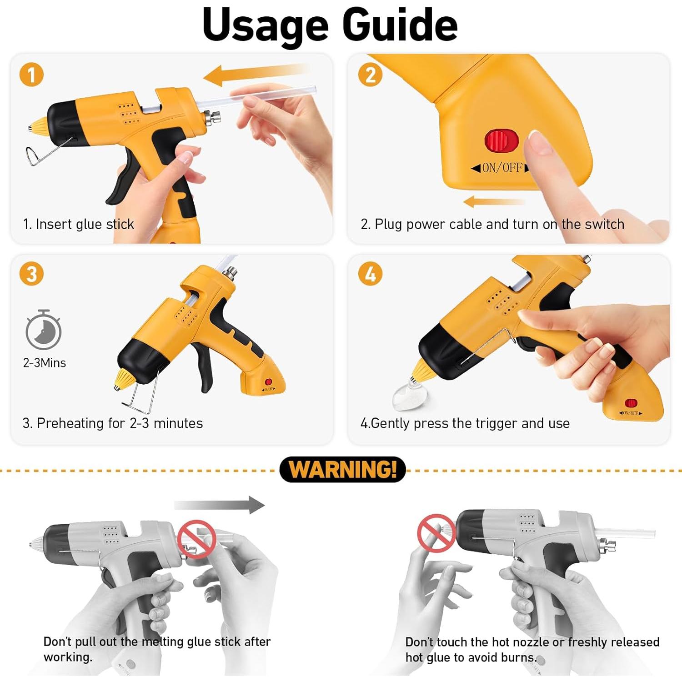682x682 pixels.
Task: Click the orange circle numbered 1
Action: click(32, 75)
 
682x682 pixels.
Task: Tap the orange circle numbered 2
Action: click(371, 75)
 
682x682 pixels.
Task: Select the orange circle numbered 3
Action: click(32, 274)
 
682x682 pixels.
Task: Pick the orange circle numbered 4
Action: click(371, 274)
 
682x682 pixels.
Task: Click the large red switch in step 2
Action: click(501, 140)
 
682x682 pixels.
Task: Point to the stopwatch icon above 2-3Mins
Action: click(43, 330)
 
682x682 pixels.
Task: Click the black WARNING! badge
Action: click(342, 469)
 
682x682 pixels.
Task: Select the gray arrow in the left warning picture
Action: click(219, 505)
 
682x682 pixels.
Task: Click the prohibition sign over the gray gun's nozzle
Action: click(436, 533)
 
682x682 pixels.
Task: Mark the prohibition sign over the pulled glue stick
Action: click(196, 539)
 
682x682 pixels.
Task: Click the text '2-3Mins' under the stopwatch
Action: click(45, 363)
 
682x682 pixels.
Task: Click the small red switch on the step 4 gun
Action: click(631, 403)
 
